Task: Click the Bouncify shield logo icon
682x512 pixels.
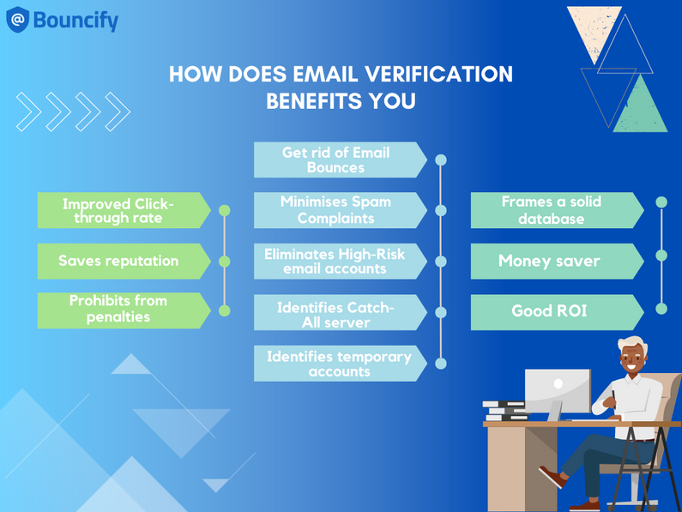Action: click(x=18, y=20)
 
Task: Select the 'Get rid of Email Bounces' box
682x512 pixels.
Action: click(x=336, y=160)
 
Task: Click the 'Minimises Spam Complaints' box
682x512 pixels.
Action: click(x=336, y=210)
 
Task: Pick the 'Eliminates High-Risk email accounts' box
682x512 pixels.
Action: click(x=336, y=262)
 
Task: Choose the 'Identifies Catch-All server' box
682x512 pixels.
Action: click(x=336, y=313)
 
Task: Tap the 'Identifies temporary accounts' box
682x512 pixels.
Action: click(x=336, y=364)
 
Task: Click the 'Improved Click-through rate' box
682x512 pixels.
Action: click(x=118, y=210)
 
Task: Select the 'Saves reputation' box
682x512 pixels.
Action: click(x=118, y=261)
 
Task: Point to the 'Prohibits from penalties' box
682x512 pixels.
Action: click(x=118, y=310)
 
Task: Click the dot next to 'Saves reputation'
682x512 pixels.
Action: click(x=225, y=261)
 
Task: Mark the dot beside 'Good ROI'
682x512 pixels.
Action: click(x=661, y=308)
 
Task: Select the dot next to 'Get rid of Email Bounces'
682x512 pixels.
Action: click(x=441, y=160)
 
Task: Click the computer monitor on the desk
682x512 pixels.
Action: click(x=558, y=391)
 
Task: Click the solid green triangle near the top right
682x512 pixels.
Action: click(x=639, y=106)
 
